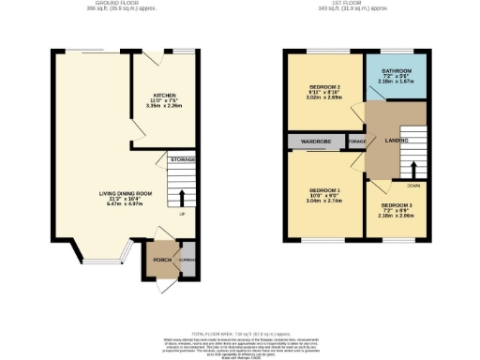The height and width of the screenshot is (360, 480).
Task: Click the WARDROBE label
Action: pos(316,142)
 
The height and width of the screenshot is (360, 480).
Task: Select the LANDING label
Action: pos(397,141)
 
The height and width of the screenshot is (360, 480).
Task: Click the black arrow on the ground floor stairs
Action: pos(184,198)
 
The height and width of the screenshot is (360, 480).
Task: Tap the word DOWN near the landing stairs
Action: pos(412,186)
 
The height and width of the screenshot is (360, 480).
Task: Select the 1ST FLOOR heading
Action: pos(351,4)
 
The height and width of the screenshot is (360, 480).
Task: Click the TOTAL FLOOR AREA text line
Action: pos(240,333)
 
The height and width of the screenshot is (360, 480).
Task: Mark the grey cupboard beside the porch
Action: pos(187,262)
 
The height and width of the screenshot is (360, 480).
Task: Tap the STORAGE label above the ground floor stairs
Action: pos(183,160)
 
